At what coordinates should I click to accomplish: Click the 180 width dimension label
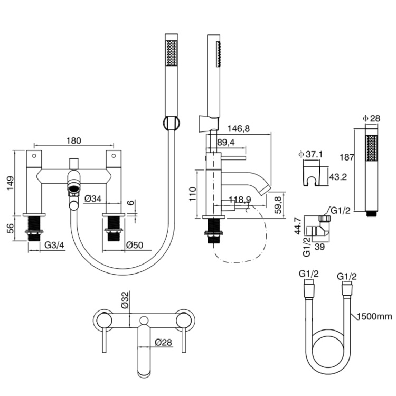74,140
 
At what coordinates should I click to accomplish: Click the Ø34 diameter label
93,199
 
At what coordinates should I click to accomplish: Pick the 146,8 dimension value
238,128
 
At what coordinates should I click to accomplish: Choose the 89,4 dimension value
227,142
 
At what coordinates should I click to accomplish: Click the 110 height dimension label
193,194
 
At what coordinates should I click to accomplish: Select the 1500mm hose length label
375,316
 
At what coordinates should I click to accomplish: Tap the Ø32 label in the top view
125,300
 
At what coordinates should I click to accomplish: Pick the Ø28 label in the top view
163,343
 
